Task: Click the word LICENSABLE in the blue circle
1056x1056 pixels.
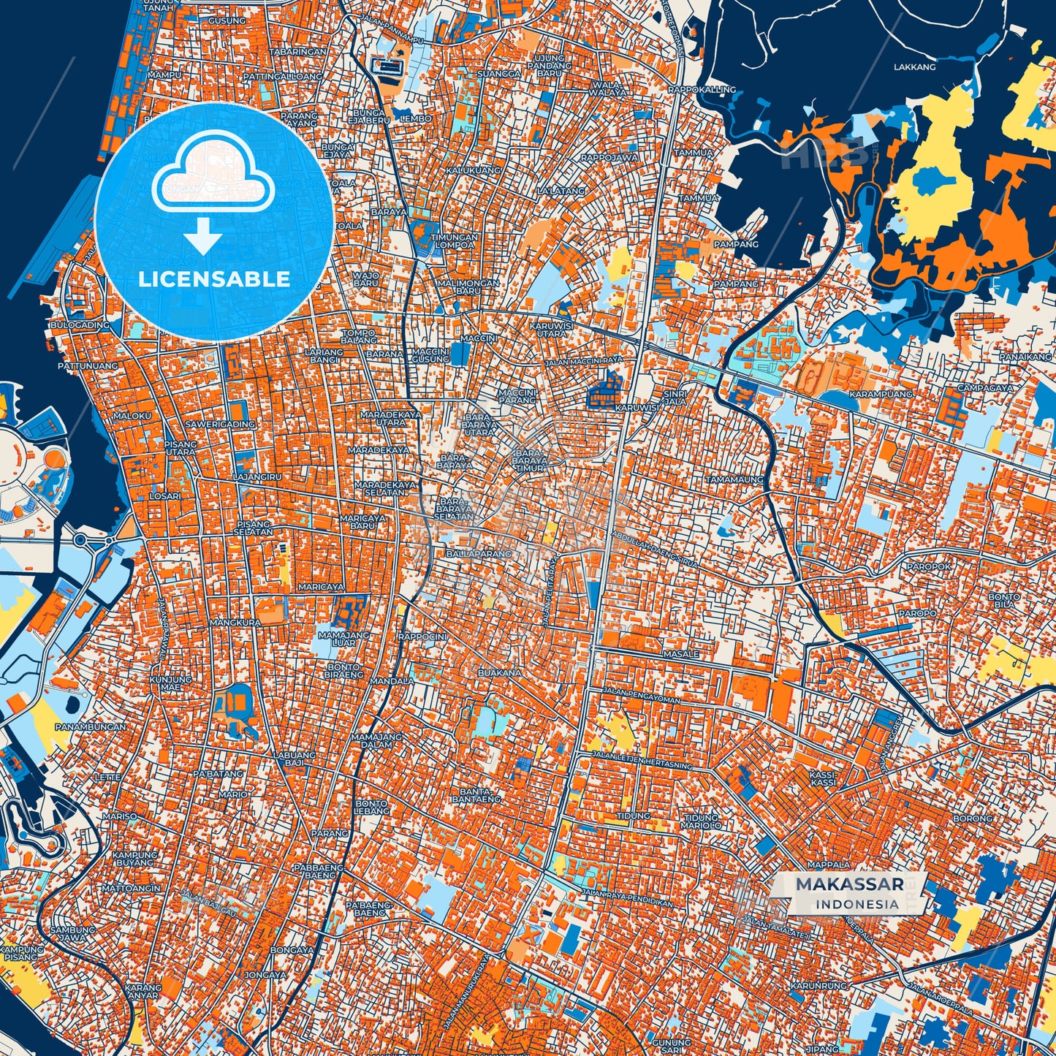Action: (214, 279)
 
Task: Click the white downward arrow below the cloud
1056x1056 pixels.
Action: (203, 238)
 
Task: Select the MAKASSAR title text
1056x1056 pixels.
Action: (849, 884)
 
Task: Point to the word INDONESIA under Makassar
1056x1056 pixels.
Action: (857, 904)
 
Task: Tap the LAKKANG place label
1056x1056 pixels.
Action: (914, 67)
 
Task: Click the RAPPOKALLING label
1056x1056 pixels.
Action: (702, 89)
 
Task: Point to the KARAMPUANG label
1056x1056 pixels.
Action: (881, 394)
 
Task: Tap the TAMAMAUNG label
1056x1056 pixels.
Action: (734, 479)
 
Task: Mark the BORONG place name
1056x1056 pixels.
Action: (973, 818)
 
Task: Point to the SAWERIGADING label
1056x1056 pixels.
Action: (220, 424)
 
